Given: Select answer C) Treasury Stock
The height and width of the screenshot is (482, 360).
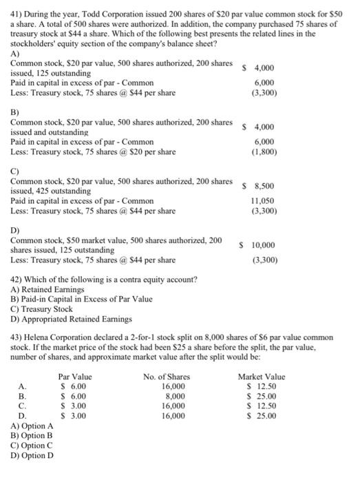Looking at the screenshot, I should tap(41, 309).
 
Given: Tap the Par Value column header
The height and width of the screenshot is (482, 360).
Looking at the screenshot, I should tap(75, 377).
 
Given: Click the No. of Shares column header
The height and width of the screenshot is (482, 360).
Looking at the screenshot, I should tap(167, 377).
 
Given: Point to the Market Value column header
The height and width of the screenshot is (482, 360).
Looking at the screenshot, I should tap(261, 377).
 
